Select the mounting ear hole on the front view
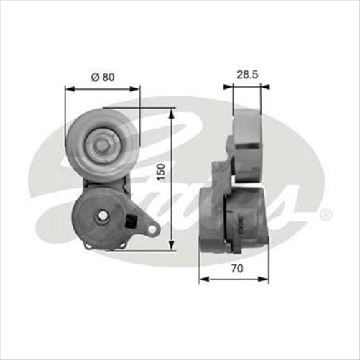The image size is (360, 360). (x=152, y=229)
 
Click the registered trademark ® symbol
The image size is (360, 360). (x=326, y=213)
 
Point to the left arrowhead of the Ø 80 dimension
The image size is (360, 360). (x=69, y=89)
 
